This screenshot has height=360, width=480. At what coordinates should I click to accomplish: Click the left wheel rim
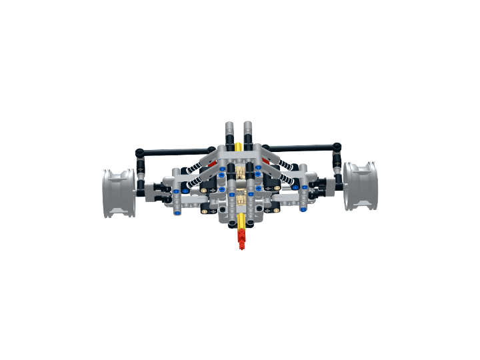tap(119, 193)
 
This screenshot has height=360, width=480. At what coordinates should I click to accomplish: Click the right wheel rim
tap(360, 186)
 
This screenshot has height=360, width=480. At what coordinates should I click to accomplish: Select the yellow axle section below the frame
tap(240, 222)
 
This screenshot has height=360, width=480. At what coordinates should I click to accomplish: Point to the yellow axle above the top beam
tap(239, 145)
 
